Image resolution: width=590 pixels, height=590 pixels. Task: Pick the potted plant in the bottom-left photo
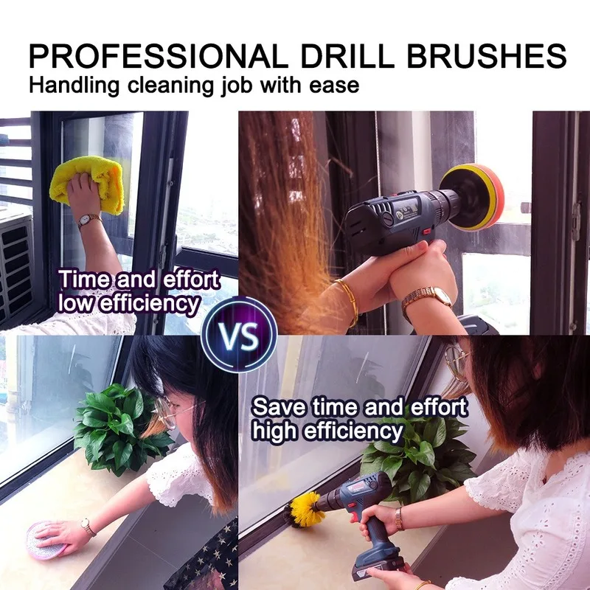pyautogui.click(x=118, y=428)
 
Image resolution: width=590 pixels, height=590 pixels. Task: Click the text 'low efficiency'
pyautogui.click(x=128, y=302)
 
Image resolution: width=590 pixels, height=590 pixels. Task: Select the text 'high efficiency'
pyautogui.click(x=327, y=431)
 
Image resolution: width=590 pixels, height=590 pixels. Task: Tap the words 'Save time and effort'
pyautogui.click(x=359, y=407)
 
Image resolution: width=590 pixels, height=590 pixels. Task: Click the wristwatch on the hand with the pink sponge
pyautogui.click(x=88, y=527)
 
